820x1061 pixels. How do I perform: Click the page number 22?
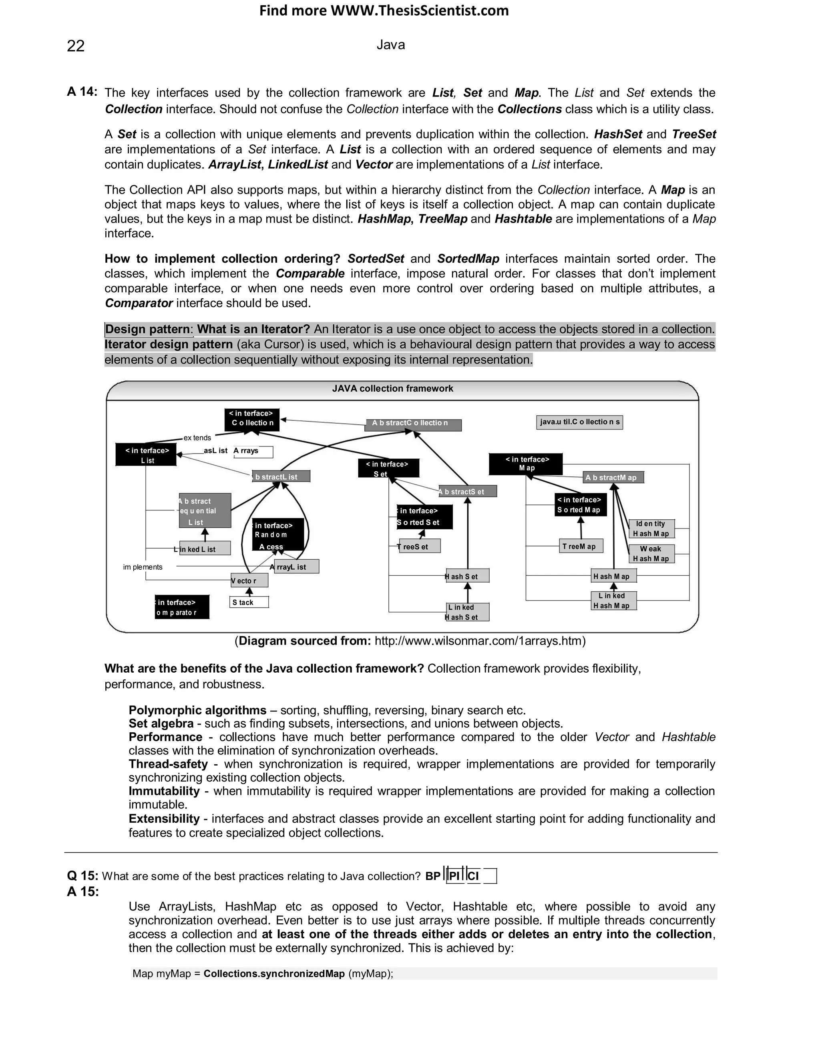pyautogui.click(x=76, y=46)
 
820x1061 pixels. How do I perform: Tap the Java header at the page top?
pyautogui.click(x=390, y=45)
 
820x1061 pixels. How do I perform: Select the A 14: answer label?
pyautogui.click(x=82, y=92)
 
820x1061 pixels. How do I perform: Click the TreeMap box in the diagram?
pyautogui.click(x=581, y=547)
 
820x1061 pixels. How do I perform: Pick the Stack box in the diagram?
pyautogui.click(x=249, y=603)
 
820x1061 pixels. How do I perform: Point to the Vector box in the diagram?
pyautogui.click(x=249, y=581)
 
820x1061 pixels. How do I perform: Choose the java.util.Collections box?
pyautogui.click(x=579, y=422)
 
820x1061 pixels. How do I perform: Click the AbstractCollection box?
pyautogui.click(x=413, y=424)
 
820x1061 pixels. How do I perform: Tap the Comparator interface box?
pyautogui.click(x=182, y=607)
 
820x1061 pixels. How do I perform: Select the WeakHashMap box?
pyautogui.click(x=651, y=554)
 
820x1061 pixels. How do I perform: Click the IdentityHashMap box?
pyautogui.click(x=651, y=528)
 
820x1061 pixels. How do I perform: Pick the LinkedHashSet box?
pyautogui.click(x=467, y=612)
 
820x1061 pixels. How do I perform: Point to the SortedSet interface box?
pyautogui.click(x=424, y=517)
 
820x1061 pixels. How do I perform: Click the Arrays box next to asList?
pyautogui.click(x=253, y=451)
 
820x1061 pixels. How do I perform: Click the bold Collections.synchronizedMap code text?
pyautogui.click(x=274, y=974)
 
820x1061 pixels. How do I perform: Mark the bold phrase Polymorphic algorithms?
pyautogui.click(x=197, y=710)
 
